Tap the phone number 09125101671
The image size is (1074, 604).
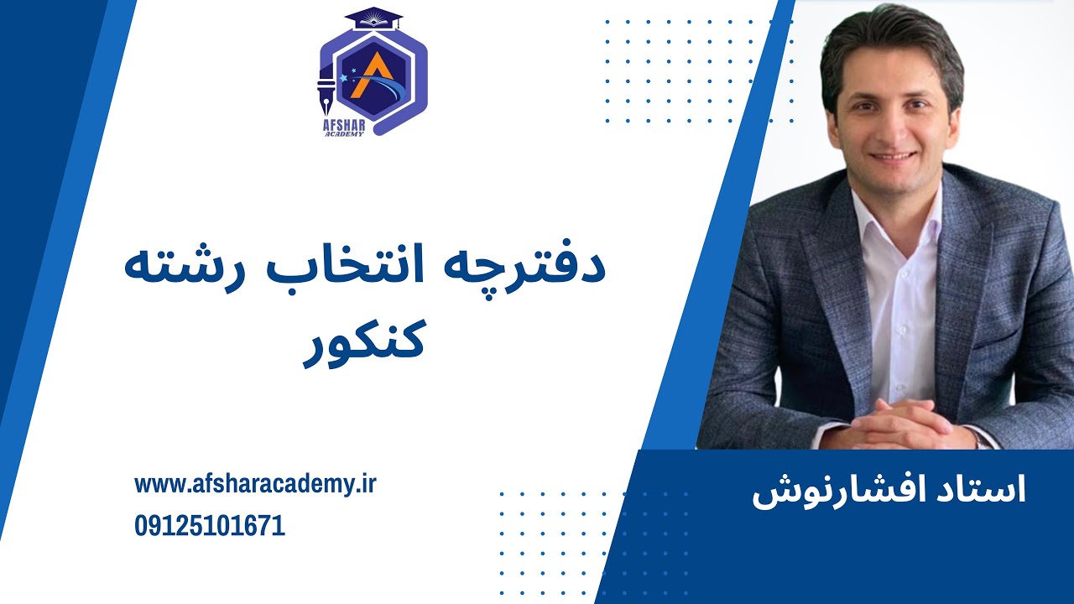[x=210, y=527]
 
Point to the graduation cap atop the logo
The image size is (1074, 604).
[x=373, y=17]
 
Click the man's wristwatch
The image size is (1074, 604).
[x=978, y=436]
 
